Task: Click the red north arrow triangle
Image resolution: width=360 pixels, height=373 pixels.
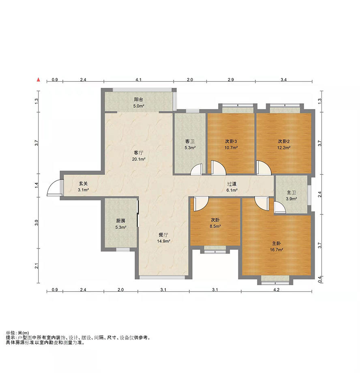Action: pos(39,80)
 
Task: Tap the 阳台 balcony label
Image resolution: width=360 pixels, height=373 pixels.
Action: pos(139,100)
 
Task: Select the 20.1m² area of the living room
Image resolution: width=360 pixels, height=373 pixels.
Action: pos(139,159)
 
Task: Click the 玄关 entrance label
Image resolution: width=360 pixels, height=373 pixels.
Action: pos(84,183)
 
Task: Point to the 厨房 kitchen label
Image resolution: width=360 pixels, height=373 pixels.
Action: pos(121,221)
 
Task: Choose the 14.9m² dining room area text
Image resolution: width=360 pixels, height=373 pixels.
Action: pos(163,241)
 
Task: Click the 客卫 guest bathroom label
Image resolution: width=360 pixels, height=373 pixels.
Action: pos(190,141)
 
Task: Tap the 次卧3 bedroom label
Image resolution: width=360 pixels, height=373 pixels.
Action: pos(231,141)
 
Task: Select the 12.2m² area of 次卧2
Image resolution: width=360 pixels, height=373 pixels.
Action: pos(283,147)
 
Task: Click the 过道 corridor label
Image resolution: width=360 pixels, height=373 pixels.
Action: pos(232,184)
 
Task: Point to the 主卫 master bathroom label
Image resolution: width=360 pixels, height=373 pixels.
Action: pos(291,192)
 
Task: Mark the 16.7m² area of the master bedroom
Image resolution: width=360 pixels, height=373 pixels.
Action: pos(276,250)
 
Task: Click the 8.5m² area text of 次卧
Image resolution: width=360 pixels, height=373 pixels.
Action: pos(215,226)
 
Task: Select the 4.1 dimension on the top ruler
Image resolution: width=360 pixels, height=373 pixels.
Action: pos(139,80)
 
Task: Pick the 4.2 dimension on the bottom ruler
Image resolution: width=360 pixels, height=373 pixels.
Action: pos(276,290)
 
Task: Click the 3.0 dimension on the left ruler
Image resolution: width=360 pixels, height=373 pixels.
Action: pos(36,223)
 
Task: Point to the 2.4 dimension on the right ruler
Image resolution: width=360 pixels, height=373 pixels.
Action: pos(320,194)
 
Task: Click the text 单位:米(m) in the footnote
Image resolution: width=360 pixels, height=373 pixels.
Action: pos(17,333)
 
